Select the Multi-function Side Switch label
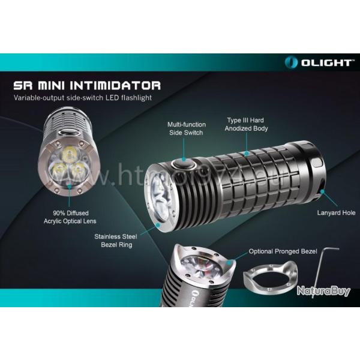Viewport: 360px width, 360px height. (x=184, y=128)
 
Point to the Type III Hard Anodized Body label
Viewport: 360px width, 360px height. (x=247, y=124)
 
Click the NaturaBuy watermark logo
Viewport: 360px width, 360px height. (x=322, y=291)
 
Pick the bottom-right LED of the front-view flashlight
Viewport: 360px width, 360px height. (x=76, y=171)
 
